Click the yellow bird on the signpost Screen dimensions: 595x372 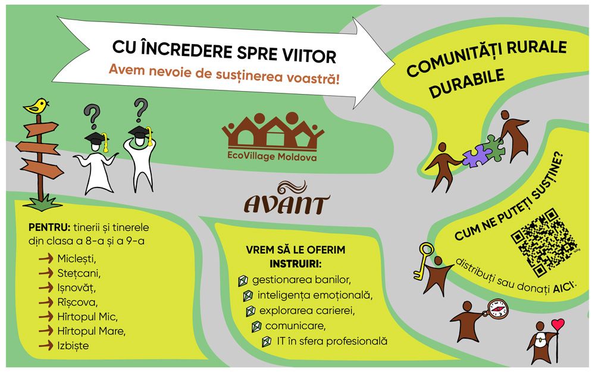click(x=36, y=106)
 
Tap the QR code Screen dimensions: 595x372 click(x=544, y=242)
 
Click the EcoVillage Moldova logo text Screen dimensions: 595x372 click(x=272, y=157)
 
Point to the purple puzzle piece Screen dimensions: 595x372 click(x=476, y=155)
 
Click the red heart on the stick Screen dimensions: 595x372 click(x=558, y=324)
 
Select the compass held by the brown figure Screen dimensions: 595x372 click(x=497, y=309)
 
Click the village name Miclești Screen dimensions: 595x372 click(x=77, y=259)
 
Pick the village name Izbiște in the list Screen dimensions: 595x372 click(x=73, y=346)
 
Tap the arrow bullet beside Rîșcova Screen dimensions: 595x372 click(x=46, y=302)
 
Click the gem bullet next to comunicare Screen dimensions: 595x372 click(x=256, y=326)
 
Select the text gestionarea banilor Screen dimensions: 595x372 click(x=301, y=280)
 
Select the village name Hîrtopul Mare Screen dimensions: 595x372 click(x=91, y=332)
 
